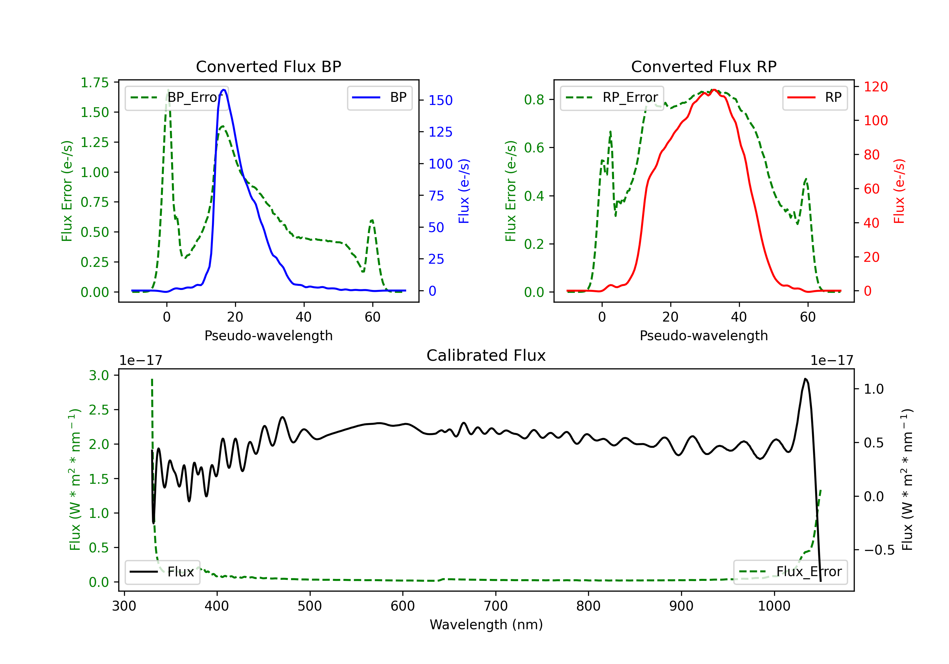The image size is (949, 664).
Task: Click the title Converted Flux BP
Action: click(x=268, y=66)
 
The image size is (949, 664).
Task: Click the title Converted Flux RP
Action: click(x=704, y=66)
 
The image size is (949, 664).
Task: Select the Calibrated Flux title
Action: click(x=486, y=355)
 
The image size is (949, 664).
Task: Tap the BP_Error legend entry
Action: click(x=177, y=97)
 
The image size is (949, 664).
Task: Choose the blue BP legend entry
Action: click(x=379, y=97)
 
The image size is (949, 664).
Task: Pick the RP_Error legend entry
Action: click(x=612, y=97)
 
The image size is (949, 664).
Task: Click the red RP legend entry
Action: click(x=815, y=97)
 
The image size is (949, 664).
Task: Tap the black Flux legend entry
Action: click(x=162, y=572)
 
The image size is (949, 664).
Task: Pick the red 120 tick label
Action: click(x=876, y=87)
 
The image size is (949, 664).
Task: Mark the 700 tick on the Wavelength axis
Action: click(x=496, y=606)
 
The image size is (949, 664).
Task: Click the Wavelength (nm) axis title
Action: click(x=486, y=624)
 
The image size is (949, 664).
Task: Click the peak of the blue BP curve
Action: click(x=224, y=90)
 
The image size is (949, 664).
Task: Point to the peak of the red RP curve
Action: click(x=714, y=90)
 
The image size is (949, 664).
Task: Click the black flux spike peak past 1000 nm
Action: click(x=805, y=378)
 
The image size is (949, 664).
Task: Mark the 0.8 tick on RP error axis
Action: click(x=534, y=100)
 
